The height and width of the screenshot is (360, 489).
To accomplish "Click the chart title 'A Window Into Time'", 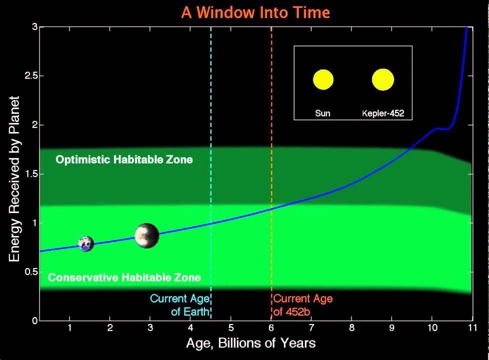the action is click(x=255, y=12).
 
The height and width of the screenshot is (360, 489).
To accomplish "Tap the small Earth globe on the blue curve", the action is click(x=86, y=243).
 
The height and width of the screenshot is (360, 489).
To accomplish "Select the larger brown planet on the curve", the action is click(x=146, y=235).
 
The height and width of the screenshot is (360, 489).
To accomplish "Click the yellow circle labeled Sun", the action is click(x=323, y=79).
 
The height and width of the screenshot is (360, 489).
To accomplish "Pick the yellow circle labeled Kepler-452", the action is click(x=383, y=79).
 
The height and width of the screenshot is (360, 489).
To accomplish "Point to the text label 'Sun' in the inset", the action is click(x=322, y=113).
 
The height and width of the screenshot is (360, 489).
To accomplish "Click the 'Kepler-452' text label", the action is click(x=383, y=113).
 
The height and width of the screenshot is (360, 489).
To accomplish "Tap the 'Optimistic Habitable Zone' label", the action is click(x=124, y=159).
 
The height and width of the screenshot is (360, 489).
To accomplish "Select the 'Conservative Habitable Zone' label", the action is click(x=124, y=277).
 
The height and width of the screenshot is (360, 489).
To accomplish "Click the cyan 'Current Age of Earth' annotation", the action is click(x=180, y=305).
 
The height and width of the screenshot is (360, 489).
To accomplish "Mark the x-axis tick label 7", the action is click(x=311, y=327).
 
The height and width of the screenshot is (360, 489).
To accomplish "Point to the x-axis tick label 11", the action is click(x=472, y=327).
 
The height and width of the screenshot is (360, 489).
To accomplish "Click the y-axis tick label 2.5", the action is click(x=30, y=76).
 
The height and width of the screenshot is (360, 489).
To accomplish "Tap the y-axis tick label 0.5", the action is click(x=30, y=271).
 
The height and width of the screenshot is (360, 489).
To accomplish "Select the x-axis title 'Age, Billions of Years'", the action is click(x=250, y=343).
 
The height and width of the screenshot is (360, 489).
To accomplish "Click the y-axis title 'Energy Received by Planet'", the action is click(x=14, y=179).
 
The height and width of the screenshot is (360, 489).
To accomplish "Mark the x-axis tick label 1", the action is click(x=69, y=327).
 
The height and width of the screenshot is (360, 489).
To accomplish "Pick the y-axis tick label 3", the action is click(x=34, y=27).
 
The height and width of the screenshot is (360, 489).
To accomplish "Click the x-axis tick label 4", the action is click(x=190, y=327).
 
